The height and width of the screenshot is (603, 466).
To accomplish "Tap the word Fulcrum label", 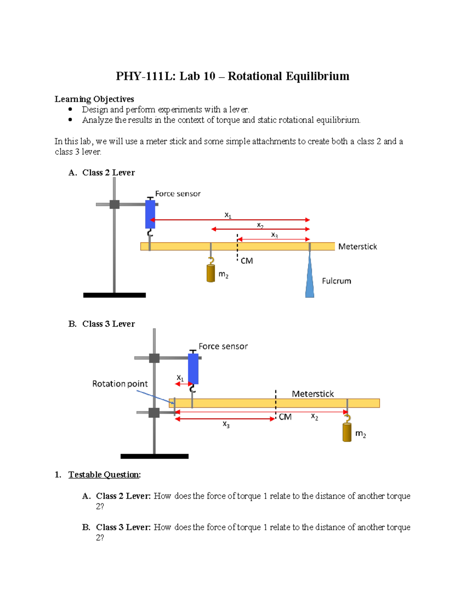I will pyautogui.click(x=336, y=281).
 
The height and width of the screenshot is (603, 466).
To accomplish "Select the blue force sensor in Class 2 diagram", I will pyautogui.click(x=150, y=214).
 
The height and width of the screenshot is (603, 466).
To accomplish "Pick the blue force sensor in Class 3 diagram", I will pyautogui.click(x=193, y=368).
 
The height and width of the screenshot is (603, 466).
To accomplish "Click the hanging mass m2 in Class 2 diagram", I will pyautogui.click(x=211, y=273).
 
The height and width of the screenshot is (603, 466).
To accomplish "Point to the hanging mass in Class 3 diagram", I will pyautogui.click(x=347, y=432).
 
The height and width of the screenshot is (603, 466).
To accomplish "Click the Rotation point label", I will pyautogui.click(x=120, y=384).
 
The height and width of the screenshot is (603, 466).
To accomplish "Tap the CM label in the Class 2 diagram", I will pyautogui.click(x=247, y=261).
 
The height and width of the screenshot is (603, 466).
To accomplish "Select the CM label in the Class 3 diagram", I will pyautogui.click(x=285, y=417).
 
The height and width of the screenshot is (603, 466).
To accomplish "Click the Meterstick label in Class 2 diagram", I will pyautogui.click(x=357, y=247).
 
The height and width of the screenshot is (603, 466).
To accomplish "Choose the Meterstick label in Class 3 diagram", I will pyautogui.click(x=313, y=394).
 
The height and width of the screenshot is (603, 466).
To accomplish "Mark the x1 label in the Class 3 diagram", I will pyautogui.click(x=180, y=377).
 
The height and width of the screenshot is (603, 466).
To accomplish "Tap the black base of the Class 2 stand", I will pyautogui.click(x=115, y=295).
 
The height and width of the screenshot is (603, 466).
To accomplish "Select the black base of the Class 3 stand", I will pyautogui.click(x=155, y=456).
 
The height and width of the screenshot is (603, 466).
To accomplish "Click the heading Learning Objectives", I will pyautogui.click(x=94, y=99).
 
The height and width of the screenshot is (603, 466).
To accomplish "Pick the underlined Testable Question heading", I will pyautogui.click(x=104, y=474).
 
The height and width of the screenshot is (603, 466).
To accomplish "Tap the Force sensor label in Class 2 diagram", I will pyautogui.click(x=178, y=193).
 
